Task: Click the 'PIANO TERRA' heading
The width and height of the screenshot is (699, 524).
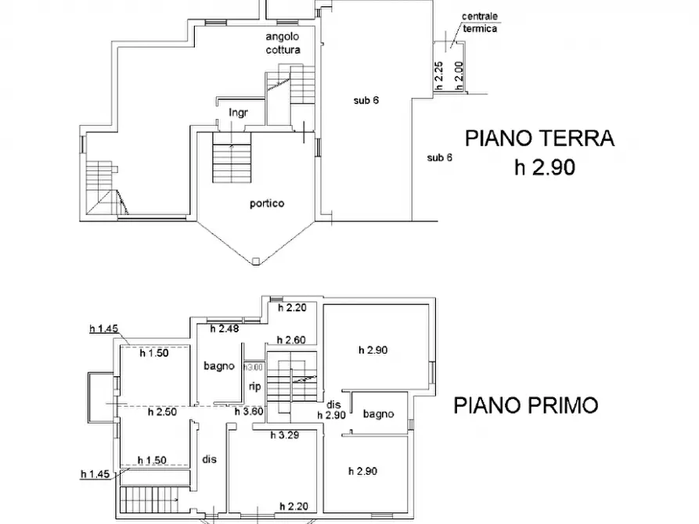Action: pos(539,139)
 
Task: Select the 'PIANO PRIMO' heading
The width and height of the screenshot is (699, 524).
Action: pos(526,405)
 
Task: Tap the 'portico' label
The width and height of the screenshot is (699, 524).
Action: pos(267,203)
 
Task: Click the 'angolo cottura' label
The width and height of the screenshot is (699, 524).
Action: pos(283,43)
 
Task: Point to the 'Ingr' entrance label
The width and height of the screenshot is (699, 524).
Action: pos(238,113)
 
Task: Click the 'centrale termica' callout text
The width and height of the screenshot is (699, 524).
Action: pos(479,23)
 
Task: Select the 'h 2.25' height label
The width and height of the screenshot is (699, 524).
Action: pos(440,77)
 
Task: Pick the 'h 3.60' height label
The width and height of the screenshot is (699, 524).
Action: pos(249,412)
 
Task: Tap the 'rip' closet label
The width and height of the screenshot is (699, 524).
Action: pos(254,386)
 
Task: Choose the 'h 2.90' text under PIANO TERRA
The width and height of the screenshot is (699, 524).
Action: pos(544,167)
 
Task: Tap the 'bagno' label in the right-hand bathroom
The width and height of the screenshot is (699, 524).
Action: pos(378,414)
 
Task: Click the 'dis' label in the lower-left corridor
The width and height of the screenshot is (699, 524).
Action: pos(209,459)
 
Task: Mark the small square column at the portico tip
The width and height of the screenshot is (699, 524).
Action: pos(256,262)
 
